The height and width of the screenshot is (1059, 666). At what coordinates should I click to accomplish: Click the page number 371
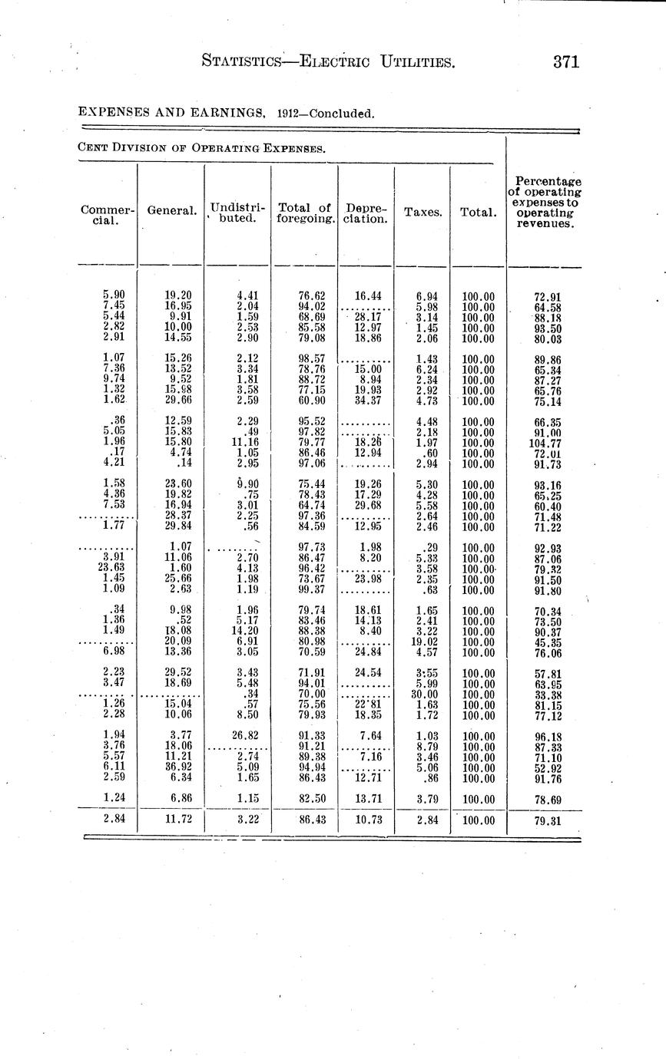coord(565,61)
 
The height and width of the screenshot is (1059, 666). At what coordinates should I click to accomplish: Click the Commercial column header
coord(107,214)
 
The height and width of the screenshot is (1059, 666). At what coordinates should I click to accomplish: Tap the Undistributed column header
coord(237,213)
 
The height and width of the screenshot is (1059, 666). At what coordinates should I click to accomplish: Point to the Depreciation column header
coord(366,213)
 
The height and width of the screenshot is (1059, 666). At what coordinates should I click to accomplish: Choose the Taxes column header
coord(422,212)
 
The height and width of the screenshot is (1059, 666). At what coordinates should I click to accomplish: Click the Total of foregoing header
coord(305,213)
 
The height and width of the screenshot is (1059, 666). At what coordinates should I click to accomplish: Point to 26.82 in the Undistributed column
coord(240,736)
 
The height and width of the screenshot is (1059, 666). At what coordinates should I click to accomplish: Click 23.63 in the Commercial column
coord(111,569)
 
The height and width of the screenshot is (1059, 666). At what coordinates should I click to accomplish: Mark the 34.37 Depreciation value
coord(366,401)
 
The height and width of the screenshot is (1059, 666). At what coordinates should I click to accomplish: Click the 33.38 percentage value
coord(550,695)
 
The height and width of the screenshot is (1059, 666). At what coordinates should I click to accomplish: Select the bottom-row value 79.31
coord(550,820)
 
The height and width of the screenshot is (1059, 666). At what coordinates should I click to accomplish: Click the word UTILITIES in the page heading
coord(418,61)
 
